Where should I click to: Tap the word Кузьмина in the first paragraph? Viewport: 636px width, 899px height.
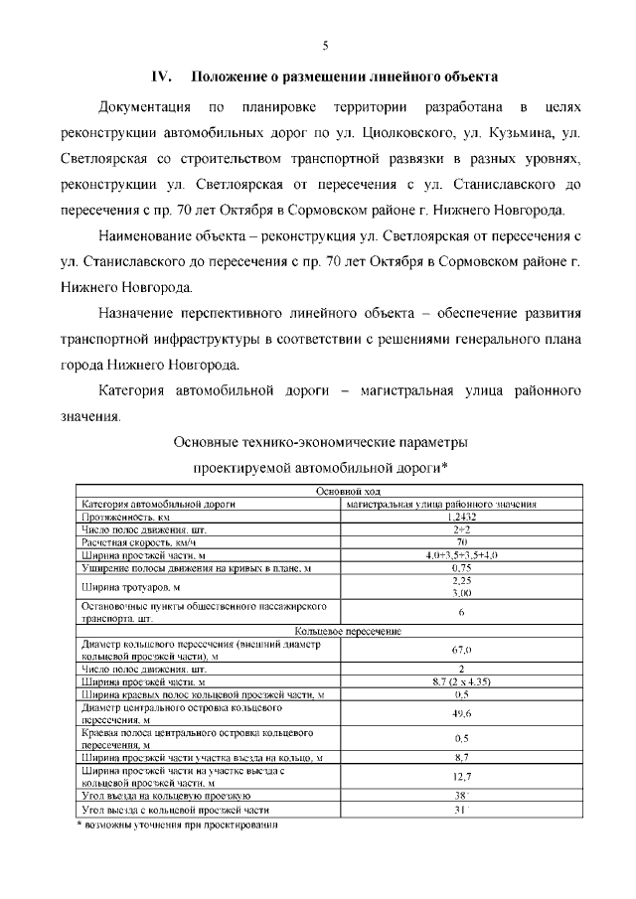coord(535,132)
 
